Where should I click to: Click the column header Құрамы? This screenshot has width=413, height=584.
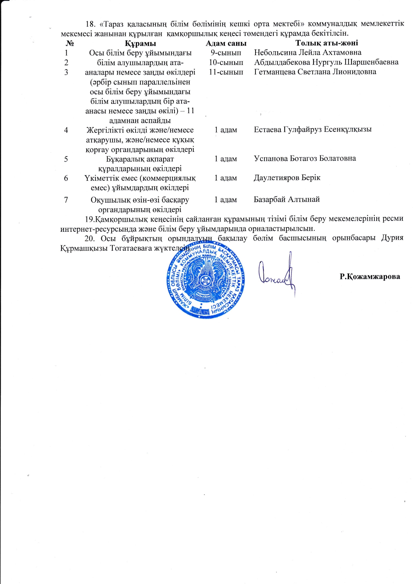141,43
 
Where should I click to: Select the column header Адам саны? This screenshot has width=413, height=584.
226,43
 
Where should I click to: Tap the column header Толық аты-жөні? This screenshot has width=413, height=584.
327,43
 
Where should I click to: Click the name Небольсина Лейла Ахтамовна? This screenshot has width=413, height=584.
307,53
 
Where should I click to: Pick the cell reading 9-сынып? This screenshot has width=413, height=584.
226,53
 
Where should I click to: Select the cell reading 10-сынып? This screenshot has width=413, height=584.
226,62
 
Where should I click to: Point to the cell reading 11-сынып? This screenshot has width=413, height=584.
226,72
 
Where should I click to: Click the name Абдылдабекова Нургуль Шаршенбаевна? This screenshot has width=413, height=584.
326,62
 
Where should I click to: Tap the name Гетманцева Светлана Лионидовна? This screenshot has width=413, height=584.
315,72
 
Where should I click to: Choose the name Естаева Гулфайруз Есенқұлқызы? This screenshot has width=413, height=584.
313,130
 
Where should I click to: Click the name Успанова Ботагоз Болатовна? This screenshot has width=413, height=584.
305,158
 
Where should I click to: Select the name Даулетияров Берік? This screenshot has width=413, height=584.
287,178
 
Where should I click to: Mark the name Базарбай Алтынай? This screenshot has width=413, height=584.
287,199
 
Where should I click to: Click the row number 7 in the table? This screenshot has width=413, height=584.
66,200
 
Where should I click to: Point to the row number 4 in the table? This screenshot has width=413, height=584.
66,130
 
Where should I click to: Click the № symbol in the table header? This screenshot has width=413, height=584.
70,43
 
